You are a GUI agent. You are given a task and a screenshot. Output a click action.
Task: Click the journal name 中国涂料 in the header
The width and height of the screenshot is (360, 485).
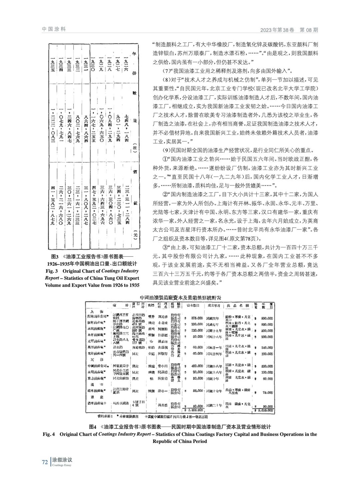tap(54, 29)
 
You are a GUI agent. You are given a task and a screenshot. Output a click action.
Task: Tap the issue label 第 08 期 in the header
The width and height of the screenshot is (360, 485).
tap(309, 30)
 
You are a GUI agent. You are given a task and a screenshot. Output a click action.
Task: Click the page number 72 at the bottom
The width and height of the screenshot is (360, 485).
tap(45, 462)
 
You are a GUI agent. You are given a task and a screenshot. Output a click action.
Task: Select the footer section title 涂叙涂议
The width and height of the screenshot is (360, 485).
tap(62, 460)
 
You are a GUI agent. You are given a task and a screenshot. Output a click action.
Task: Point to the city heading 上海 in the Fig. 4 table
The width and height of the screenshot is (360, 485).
tap(94, 309)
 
